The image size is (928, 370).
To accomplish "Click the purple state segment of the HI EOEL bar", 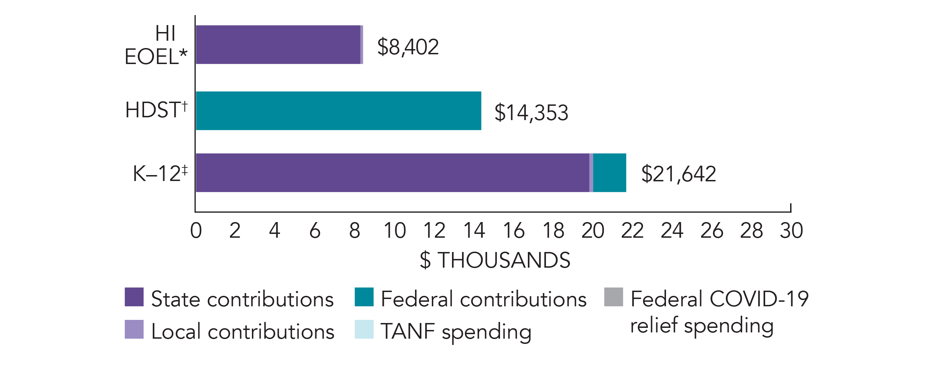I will click(x=278, y=45).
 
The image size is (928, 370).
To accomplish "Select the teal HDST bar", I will click(x=338, y=111).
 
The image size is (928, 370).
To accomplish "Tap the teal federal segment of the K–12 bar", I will click(x=610, y=173).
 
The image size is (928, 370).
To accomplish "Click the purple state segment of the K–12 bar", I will click(x=392, y=173).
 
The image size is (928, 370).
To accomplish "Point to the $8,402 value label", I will click(x=408, y=47).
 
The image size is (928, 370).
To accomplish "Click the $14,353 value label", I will click(x=531, y=112).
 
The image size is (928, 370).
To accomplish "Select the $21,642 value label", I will click(x=679, y=174).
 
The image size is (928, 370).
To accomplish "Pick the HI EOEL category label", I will click(x=156, y=45).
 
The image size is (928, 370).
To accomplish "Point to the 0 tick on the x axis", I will click(x=196, y=230).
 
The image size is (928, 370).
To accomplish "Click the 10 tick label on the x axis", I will click(x=395, y=230).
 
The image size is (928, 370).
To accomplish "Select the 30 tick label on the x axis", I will click(x=791, y=230).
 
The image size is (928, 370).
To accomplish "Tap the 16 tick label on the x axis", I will click(x=513, y=230).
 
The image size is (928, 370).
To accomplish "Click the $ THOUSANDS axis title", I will click(x=495, y=260).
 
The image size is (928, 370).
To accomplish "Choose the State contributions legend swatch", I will click(x=134, y=297).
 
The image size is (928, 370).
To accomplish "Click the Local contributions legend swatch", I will click(x=134, y=329).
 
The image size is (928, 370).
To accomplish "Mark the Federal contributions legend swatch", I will click(x=364, y=297).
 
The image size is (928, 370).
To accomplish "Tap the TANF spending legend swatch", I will click(x=364, y=329).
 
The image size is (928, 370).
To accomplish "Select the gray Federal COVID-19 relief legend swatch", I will click(x=613, y=297).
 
